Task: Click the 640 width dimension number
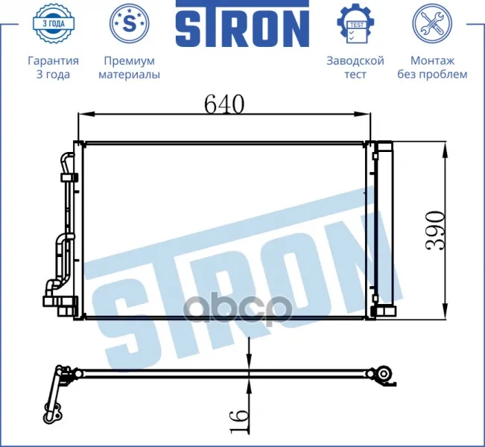[x=224, y=104]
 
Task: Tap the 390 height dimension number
[x=436, y=231]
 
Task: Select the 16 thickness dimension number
[x=239, y=421]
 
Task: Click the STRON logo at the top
[x=243, y=24]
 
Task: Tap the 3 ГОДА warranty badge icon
[x=54, y=23]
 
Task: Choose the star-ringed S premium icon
[x=130, y=23]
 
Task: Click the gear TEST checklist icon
[x=355, y=24]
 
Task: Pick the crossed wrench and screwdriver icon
[x=432, y=24]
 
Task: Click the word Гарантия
[x=53, y=61]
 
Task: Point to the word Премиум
[x=130, y=61]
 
